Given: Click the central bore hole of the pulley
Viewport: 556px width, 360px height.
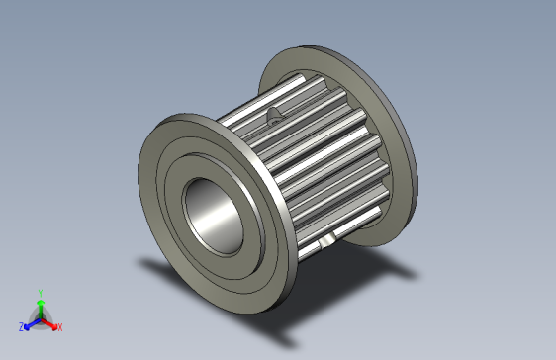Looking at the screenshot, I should tap(214, 212).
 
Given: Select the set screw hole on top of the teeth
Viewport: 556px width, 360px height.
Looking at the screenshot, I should tap(274, 116).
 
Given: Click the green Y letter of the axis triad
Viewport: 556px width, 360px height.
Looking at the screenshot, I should tap(40, 293).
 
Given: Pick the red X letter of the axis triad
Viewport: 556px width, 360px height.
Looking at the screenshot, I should tap(59, 326).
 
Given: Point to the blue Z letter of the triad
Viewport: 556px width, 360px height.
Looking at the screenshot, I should tap(21, 326).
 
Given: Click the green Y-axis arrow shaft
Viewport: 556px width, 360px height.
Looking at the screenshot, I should tap(40, 307).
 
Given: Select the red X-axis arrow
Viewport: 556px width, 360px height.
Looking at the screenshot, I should tap(49, 322).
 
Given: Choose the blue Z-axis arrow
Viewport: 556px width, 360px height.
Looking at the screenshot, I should tap(31, 322).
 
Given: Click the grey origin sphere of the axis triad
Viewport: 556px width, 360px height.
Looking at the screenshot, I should tap(40, 317).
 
